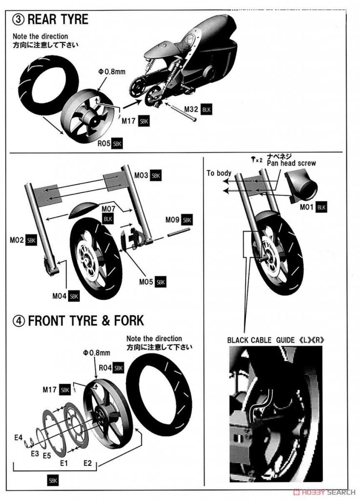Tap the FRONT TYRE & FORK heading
pos(86,321)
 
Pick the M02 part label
pos(18,240)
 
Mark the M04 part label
pos(60,295)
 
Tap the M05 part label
pos(147,282)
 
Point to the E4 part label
pos(19,437)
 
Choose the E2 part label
pos(88,462)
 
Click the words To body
pos(218,173)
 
